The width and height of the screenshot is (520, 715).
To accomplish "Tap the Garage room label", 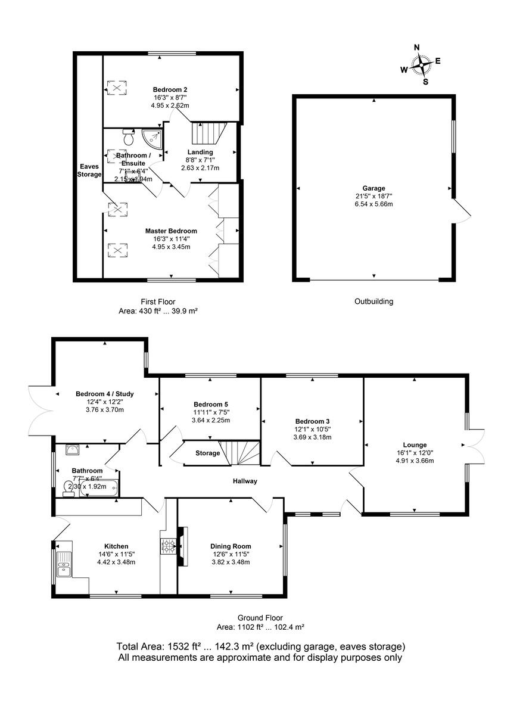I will [374, 188].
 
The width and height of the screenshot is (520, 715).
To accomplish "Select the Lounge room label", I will [415, 445].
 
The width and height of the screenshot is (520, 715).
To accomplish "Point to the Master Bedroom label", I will [171, 231].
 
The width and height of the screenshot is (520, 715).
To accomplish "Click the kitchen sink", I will [63, 563].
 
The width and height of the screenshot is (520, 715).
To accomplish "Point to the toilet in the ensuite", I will [127, 138].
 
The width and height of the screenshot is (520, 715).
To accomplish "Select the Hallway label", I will [245, 481].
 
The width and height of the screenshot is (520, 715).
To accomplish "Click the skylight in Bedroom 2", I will [117, 88].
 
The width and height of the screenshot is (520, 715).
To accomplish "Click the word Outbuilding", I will [373, 301].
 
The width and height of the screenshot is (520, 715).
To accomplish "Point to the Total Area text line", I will [260, 646].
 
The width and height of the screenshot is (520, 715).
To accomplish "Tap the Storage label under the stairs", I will [207, 453].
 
